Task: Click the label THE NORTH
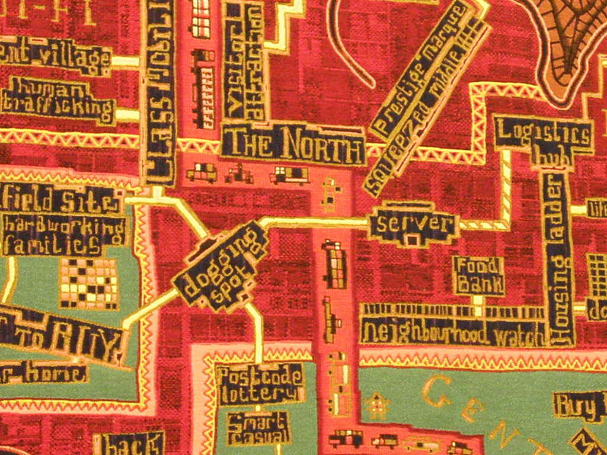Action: click(x=293, y=145)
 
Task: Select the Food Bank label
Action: click(x=478, y=276)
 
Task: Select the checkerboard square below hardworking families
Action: click(x=89, y=283)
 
